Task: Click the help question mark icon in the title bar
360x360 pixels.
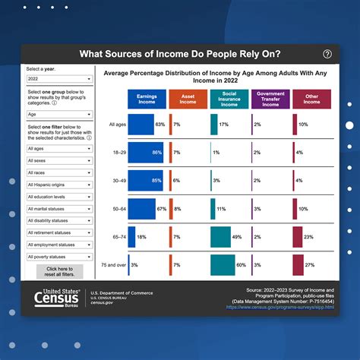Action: (x=327, y=54)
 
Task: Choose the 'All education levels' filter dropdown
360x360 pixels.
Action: (x=59, y=197)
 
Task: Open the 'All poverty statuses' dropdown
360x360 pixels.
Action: (x=59, y=257)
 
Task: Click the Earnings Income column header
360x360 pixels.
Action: (x=147, y=100)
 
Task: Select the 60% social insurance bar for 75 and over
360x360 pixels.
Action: (x=223, y=264)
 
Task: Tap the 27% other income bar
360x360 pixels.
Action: (x=298, y=264)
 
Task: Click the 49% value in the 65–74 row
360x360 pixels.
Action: (x=237, y=237)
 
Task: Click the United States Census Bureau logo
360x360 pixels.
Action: (x=58, y=297)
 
